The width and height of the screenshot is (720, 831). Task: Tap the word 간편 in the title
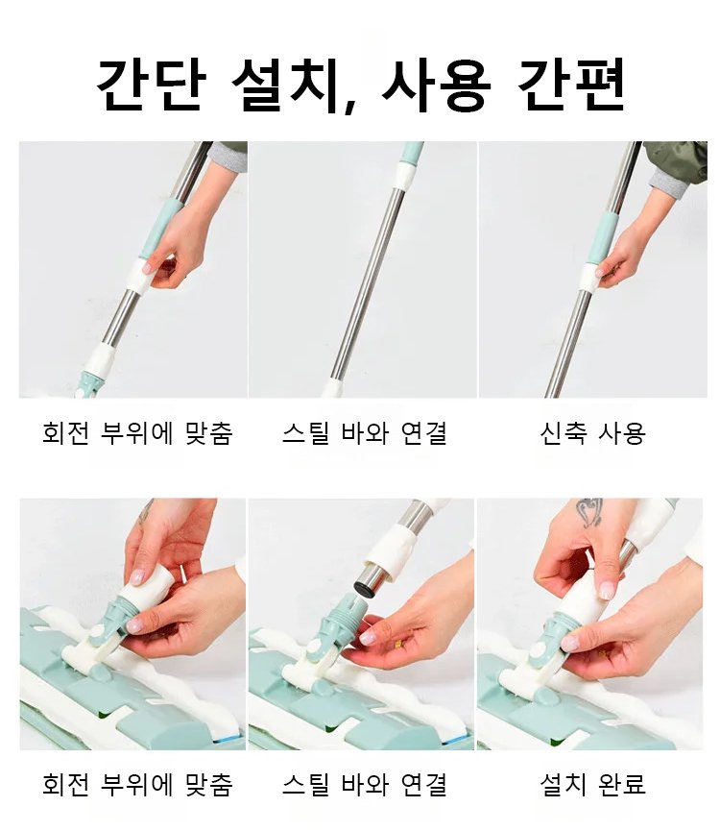[571, 86]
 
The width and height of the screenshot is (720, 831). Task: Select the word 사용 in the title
[436, 86]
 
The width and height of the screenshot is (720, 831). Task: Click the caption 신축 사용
[593, 433]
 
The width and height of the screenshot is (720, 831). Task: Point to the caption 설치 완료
[593, 784]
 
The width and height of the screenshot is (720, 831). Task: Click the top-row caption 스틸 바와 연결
[364, 433]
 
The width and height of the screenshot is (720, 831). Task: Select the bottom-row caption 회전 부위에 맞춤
[137, 784]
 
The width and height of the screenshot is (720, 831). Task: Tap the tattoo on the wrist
[589, 511]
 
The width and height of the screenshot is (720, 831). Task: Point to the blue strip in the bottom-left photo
[228, 739]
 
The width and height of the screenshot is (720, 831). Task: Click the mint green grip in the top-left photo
[162, 228]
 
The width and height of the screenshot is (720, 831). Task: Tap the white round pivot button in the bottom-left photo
[97, 631]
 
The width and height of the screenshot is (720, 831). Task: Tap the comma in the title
[349, 105]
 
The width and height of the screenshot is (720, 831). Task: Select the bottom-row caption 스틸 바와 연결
[364, 784]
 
